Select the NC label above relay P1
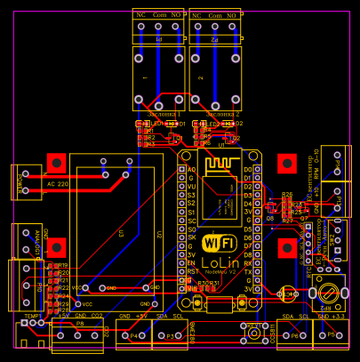pos(140,16)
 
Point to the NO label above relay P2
pos(233,16)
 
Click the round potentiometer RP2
pos(329,291)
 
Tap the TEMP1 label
pos(33,316)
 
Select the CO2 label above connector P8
pos(97,316)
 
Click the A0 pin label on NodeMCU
pos(189,168)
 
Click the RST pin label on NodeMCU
pos(190,271)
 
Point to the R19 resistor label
pos(63,265)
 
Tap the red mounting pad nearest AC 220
pos(56,163)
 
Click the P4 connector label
pos(133,336)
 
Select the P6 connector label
pos(294,336)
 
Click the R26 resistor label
pos(286,194)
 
